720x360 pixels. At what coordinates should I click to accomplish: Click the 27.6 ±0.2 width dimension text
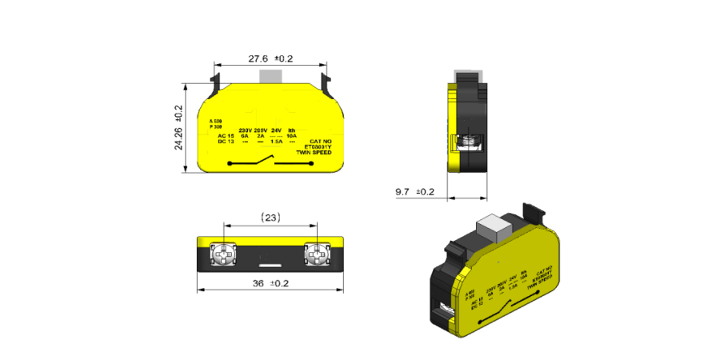270,58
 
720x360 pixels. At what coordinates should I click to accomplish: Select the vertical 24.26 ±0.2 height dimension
178,127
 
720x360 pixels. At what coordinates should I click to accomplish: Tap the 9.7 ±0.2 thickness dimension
414,192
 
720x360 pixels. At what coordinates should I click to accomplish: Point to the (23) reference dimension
270,218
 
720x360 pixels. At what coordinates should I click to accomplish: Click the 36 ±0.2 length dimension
270,283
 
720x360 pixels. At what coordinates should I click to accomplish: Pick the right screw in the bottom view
318,255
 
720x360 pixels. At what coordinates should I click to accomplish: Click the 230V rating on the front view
245,130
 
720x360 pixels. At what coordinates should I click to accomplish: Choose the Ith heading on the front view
292,130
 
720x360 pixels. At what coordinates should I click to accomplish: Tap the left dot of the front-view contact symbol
230,164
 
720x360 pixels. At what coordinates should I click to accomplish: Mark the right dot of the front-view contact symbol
311,164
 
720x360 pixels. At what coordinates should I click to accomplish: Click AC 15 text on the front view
225,137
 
